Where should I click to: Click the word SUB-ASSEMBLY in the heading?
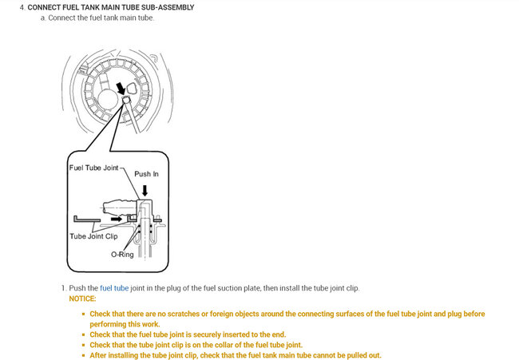165,7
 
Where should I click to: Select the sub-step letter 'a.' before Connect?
42,18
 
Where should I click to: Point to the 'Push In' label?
146,173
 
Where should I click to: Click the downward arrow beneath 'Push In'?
145,190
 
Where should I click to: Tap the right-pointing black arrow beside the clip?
117,216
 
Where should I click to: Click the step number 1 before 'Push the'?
61,287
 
